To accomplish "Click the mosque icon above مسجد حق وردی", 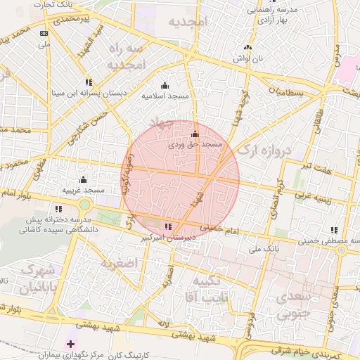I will point(195,134).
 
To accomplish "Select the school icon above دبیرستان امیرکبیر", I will point(167,226).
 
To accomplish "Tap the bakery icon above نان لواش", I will point(247,48).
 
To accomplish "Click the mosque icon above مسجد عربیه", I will point(83,179).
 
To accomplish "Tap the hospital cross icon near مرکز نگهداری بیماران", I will point(69,344).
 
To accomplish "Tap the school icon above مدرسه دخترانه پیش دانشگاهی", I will point(58,209).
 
